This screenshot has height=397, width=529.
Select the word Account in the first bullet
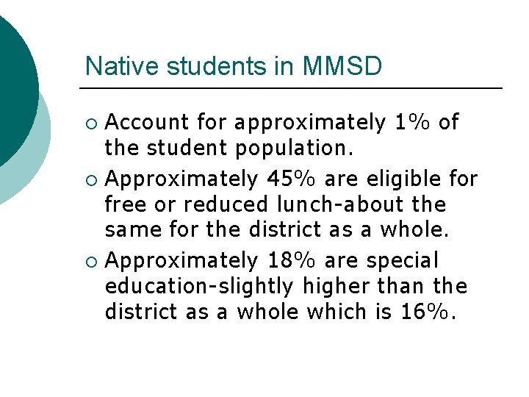(148, 122)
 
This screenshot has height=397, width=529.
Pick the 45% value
(291, 179)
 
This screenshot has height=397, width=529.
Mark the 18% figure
(291, 260)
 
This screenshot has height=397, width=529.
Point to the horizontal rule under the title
(294, 88)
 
